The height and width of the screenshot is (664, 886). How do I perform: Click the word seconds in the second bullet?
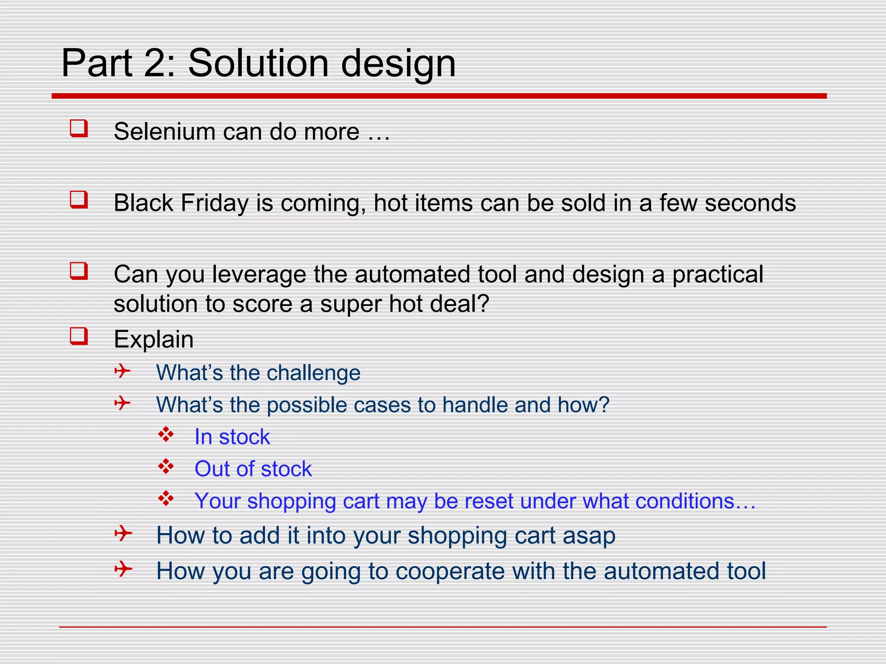click(x=750, y=203)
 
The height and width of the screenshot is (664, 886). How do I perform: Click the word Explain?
click(x=154, y=339)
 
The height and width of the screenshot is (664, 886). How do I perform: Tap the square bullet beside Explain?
click(x=79, y=336)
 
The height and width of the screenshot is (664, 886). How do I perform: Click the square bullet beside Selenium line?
click(x=79, y=128)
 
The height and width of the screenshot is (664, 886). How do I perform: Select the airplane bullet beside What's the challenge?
click(x=122, y=371)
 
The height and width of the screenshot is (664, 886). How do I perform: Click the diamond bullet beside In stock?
click(x=166, y=434)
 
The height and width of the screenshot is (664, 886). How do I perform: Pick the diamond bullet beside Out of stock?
click(x=166, y=466)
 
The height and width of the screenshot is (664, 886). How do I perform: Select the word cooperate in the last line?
click(x=450, y=571)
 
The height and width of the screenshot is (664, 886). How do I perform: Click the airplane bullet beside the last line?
click(x=123, y=569)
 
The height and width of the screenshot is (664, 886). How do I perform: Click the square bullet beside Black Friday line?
click(x=79, y=200)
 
